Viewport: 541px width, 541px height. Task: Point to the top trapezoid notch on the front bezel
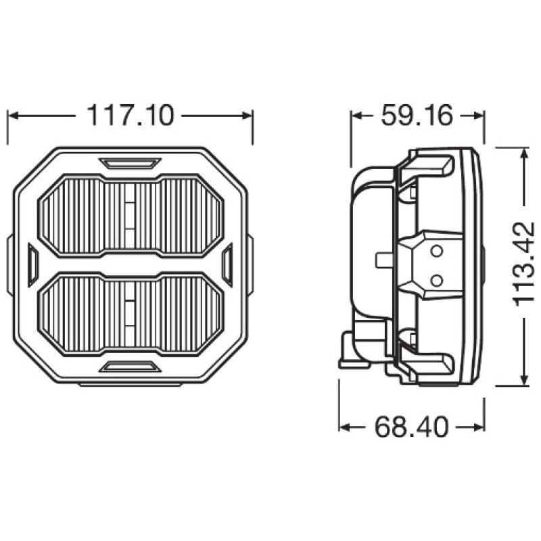(x=130, y=163)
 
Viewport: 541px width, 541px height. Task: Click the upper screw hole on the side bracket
(x=436, y=252)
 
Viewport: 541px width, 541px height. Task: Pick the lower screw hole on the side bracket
(x=436, y=279)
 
